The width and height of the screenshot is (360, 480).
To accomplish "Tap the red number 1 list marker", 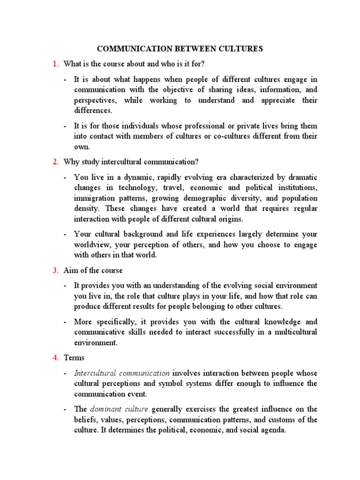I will coord(55,64).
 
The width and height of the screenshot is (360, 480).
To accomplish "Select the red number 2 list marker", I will coord(55,162).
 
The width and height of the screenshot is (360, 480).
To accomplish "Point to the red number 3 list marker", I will coord(55,270).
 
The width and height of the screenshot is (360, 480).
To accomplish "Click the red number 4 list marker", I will coord(55,358).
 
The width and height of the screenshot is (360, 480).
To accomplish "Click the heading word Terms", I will coord(74,358).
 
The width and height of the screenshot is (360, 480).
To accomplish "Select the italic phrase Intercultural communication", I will coord(122,373).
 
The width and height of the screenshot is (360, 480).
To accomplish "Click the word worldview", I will coord(92,245).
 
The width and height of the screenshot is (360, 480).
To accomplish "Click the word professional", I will coord(201,126).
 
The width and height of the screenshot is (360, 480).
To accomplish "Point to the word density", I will coord(87,209).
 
